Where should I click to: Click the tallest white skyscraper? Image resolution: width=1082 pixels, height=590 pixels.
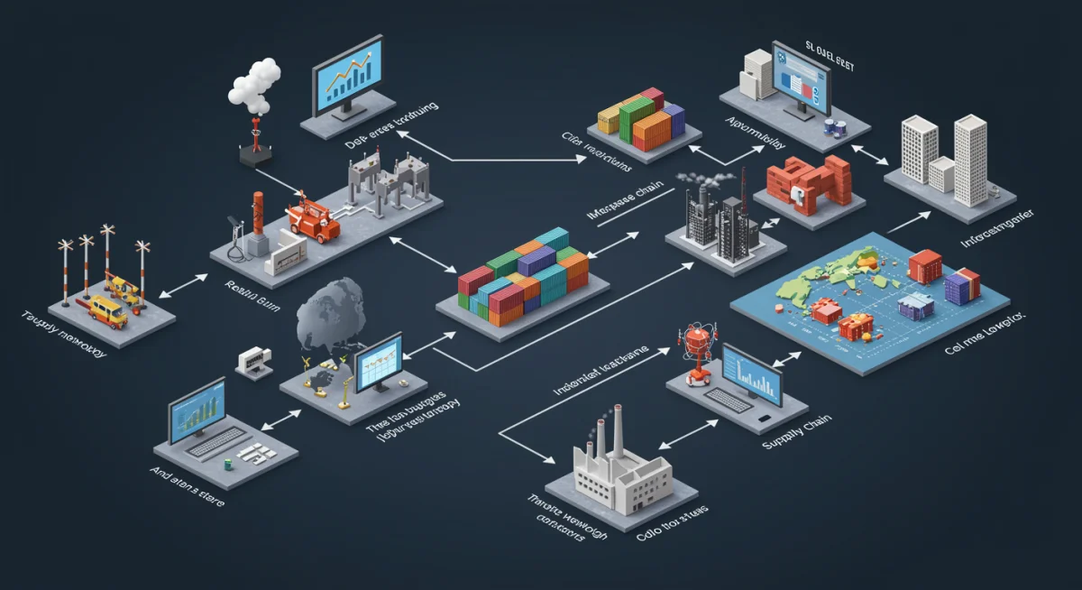971,159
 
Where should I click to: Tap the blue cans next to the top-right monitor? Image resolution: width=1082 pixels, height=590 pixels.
834,129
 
